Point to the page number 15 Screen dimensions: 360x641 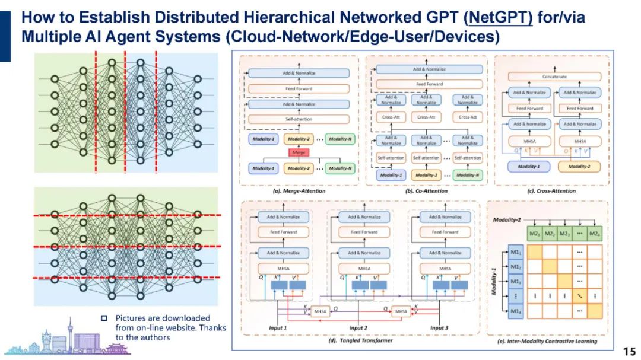coord(629,350)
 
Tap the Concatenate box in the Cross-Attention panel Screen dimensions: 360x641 coord(554,77)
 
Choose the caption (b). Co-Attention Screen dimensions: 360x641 coord(427,190)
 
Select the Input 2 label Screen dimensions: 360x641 coord(358,328)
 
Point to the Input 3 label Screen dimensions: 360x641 coord(439,328)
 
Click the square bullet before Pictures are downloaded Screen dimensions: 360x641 coord(103,318)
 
